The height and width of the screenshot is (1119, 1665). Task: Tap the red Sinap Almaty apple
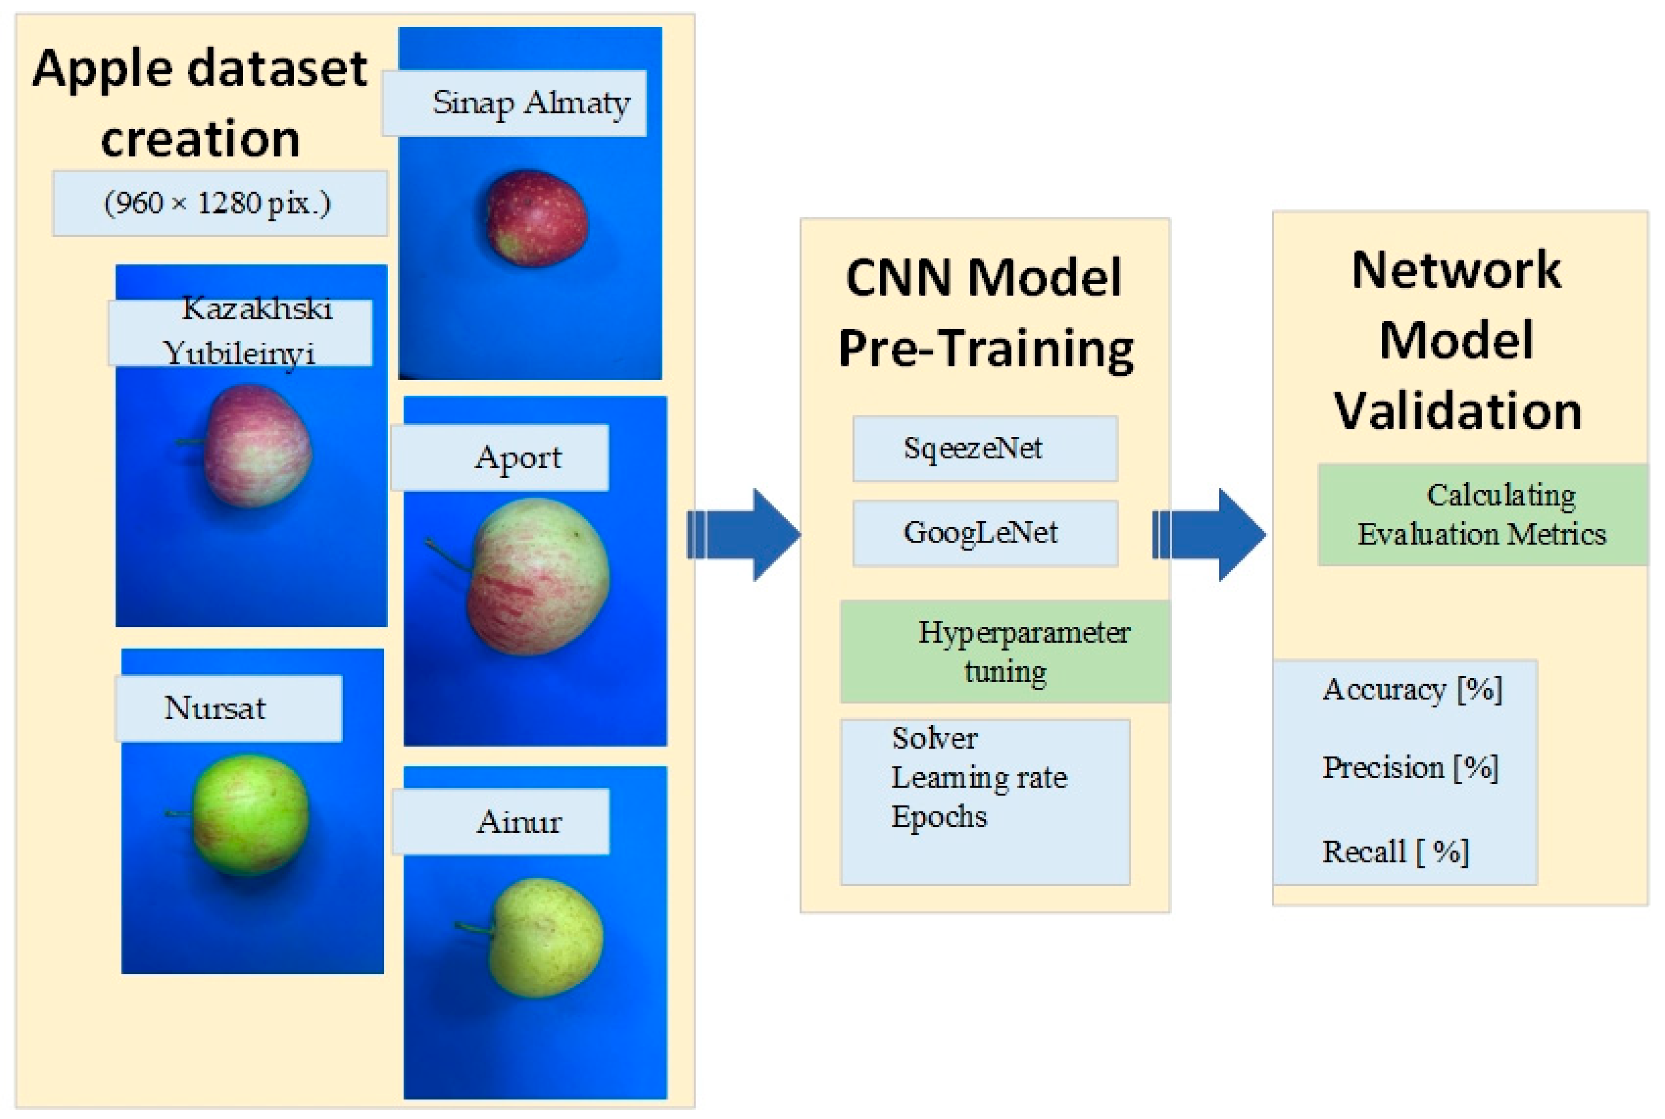pos(536,218)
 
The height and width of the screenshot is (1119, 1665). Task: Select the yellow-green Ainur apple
pos(546,936)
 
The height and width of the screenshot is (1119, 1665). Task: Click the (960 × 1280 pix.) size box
pos(220,203)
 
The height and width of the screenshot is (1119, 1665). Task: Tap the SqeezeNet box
pos(984,448)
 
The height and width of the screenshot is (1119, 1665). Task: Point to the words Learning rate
pos(979,777)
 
